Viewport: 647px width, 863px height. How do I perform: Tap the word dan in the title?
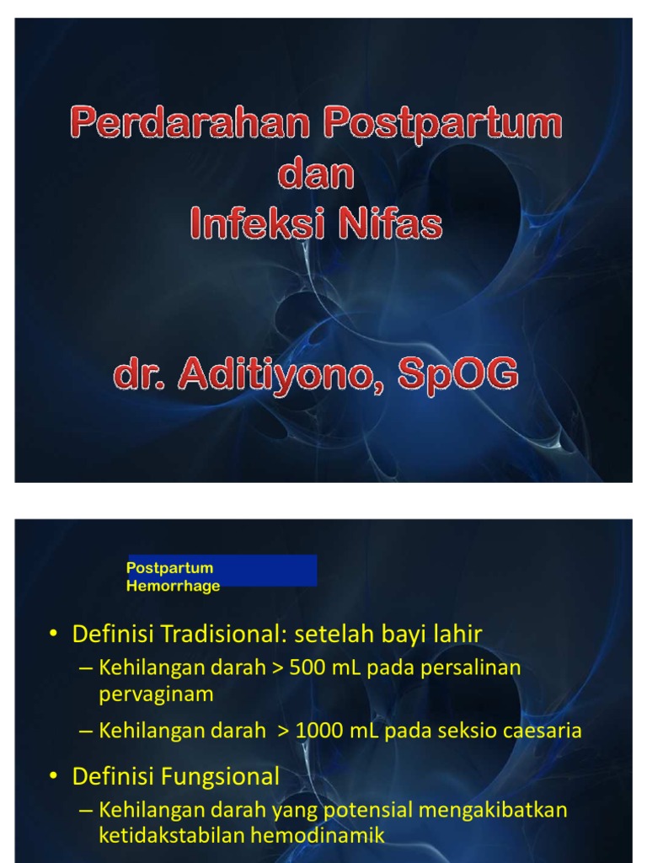click(316, 174)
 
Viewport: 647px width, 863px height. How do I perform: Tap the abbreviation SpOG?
click(457, 375)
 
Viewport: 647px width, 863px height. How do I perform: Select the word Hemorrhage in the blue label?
click(173, 586)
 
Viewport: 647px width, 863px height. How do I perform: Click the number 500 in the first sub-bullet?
click(305, 668)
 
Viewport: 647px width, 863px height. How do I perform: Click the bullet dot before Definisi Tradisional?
click(55, 634)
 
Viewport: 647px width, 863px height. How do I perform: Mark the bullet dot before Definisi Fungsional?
click(55, 776)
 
